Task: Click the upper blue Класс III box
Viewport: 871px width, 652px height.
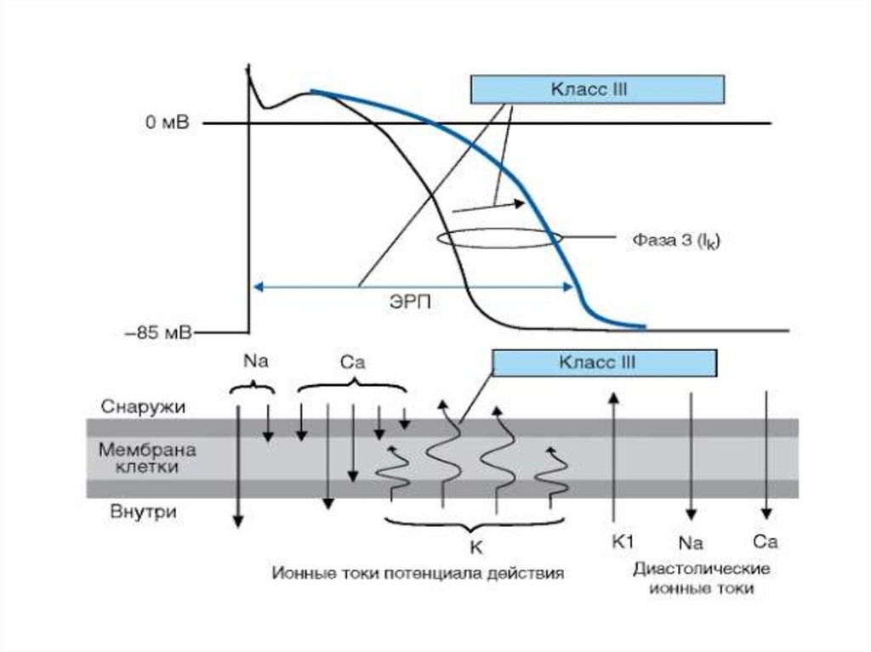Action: (x=596, y=88)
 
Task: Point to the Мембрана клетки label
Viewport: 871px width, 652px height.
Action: (x=147, y=457)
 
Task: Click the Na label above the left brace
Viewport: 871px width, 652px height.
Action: (x=251, y=360)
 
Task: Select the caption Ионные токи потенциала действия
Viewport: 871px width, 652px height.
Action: (x=418, y=572)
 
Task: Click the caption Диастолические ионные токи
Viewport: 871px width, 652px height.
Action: (x=701, y=577)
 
